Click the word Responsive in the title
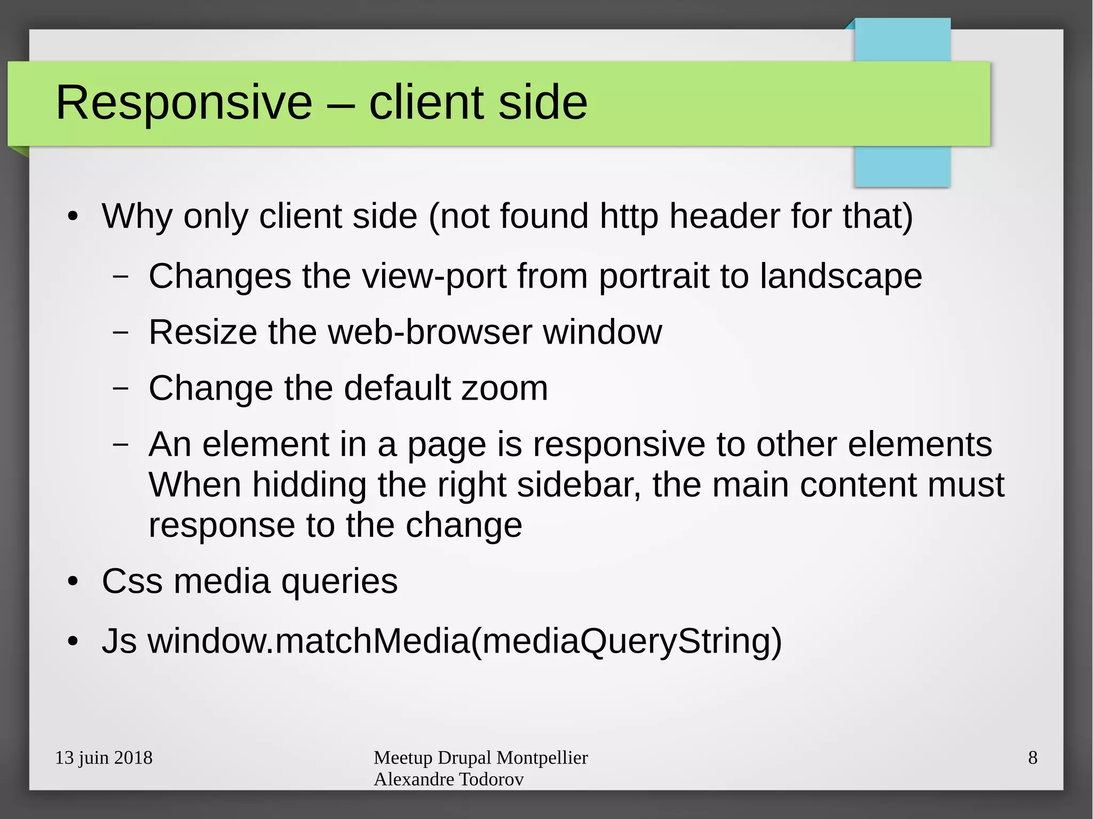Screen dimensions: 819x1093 (x=184, y=102)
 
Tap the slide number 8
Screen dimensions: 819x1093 (x=1033, y=758)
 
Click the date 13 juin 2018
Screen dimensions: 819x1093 (x=104, y=758)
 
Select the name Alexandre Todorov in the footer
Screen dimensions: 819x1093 (x=448, y=780)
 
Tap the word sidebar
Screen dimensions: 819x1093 (x=579, y=485)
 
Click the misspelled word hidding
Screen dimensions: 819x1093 (x=309, y=485)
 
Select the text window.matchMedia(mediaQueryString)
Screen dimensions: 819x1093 (x=464, y=641)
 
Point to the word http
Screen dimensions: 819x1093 (x=629, y=217)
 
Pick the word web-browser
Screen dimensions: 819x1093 (x=430, y=332)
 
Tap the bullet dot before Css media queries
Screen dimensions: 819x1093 (x=73, y=582)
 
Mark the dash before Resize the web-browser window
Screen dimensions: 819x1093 (x=121, y=332)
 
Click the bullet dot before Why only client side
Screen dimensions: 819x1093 (x=73, y=217)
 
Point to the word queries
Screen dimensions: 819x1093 (x=339, y=581)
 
